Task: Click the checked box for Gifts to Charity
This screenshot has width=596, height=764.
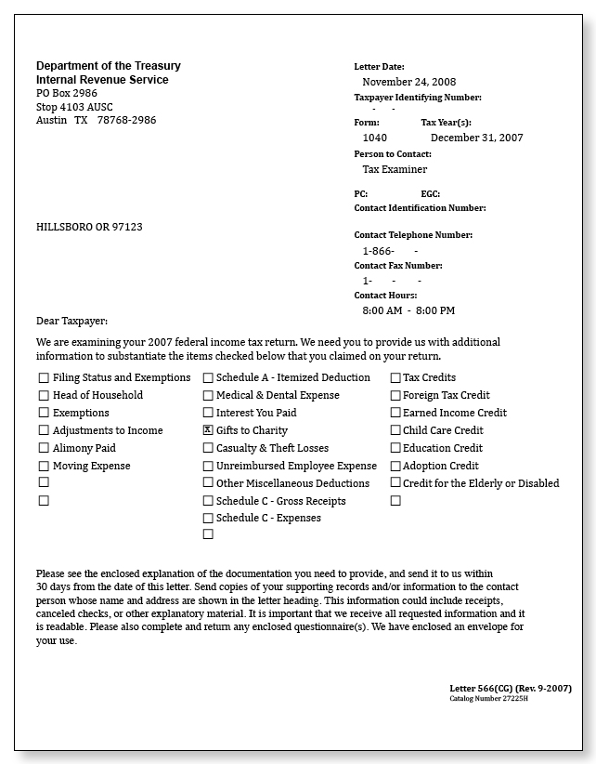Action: pyautogui.click(x=208, y=430)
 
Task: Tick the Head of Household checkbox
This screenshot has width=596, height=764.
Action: pyautogui.click(x=44, y=395)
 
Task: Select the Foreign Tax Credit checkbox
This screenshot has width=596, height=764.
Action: pyautogui.click(x=395, y=395)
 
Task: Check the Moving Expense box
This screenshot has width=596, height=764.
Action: pyautogui.click(x=44, y=466)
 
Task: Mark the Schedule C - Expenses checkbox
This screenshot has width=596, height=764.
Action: pyautogui.click(x=208, y=518)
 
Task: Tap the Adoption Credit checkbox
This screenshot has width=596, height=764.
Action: pyautogui.click(x=395, y=466)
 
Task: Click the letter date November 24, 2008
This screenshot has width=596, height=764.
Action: pyautogui.click(x=408, y=82)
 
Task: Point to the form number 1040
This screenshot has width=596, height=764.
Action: pyautogui.click(x=375, y=138)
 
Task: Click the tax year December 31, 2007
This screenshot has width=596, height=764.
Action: pyautogui.click(x=476, y=138)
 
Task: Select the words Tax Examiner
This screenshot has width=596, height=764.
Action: pyautogui.click(x=395, y=169)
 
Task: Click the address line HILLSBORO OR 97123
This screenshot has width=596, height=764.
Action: pyautogui.click(x=89, y=227)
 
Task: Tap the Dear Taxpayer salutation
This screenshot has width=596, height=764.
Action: pyautogui.click(x=71, y=322)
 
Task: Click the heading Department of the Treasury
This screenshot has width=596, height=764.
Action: pyautogui.click(x=109, y=66)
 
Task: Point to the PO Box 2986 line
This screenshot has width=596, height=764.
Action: pyautogui.click(x=67, y=93)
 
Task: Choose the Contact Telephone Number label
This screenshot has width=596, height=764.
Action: pyautogui.click(x=413, y=235)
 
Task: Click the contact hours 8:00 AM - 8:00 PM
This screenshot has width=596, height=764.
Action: pyautogui.click(x=408, y=310)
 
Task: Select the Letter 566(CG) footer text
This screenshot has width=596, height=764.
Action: pyautogui.click(x=510, y=688)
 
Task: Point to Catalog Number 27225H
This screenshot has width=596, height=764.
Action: pyautogui.click(x=489, y=698)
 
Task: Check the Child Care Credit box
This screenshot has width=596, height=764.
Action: pyautogui.click(x=395, y=430)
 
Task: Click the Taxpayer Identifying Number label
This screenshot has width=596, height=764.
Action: pyautogui.click(x=418, y=97)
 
